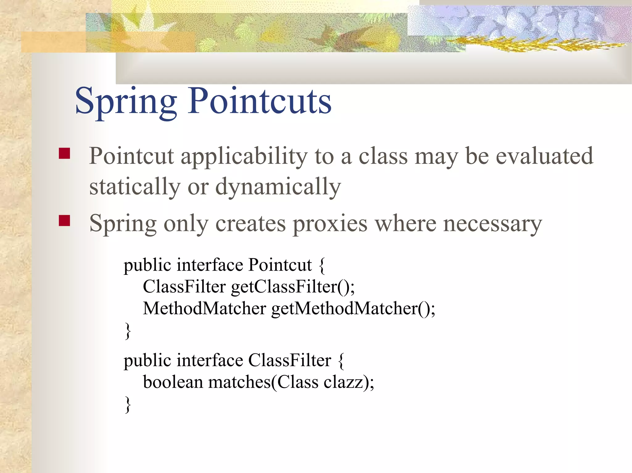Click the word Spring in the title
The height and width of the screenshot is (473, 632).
coord(126,102)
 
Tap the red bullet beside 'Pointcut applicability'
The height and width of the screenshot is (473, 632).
coord(64,153)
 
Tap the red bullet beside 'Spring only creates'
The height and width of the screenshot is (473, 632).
coord(64,221)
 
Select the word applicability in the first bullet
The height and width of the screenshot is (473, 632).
coord(244,157)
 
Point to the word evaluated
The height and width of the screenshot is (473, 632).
coord(544,156)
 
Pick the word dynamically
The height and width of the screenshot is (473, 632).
coord(278,187)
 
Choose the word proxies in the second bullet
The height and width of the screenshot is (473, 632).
coord(330,223)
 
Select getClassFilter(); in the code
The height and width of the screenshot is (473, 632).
coord(293,287)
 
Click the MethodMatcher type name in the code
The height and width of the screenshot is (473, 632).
coord(204,308)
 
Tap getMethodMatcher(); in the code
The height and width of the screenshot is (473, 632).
coord(353,308)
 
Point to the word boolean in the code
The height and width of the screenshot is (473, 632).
coord(173,382)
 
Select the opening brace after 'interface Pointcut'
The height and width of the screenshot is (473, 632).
coord(322,266)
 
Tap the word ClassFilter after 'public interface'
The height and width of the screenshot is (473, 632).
coord(289,360)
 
